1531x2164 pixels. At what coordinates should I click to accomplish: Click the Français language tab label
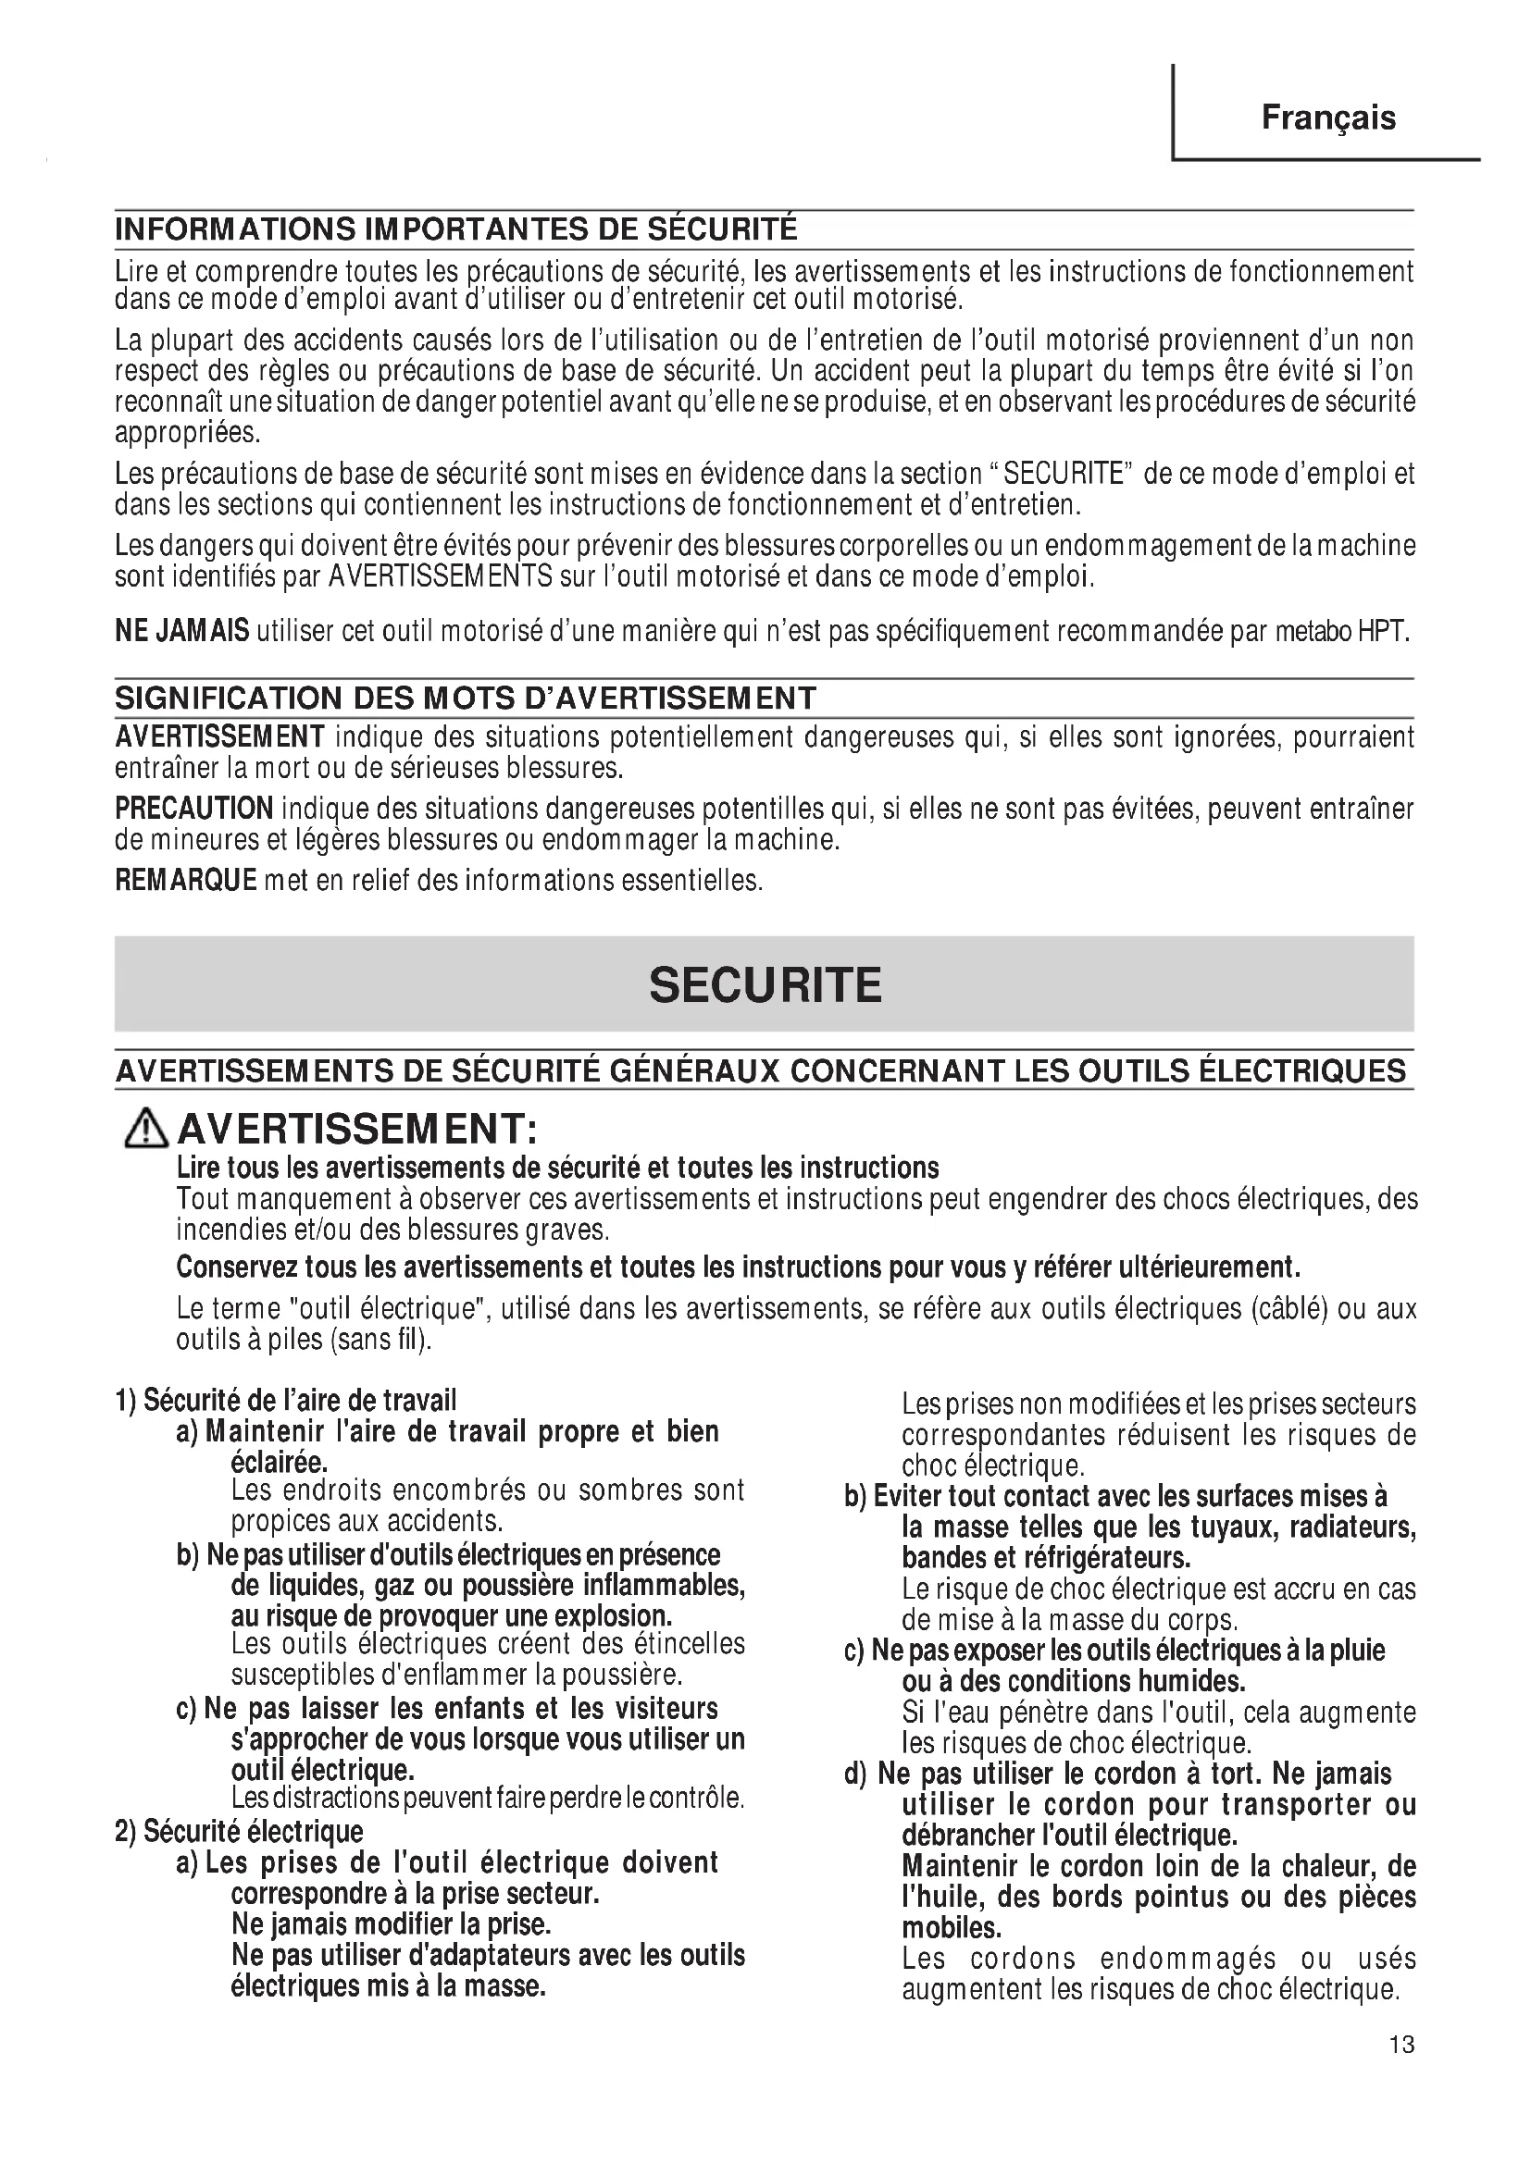[x=1328, y=117]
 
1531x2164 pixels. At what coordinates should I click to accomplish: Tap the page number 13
[x=1400, y=2071]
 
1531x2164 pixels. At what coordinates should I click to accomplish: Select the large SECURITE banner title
[x=765, y=985]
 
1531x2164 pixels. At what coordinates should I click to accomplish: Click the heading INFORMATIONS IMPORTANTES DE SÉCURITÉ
[x=455, y=229]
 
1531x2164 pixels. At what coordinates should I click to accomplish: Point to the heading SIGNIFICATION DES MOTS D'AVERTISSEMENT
[x=465, y=699]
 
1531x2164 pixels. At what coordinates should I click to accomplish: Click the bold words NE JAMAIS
[x=182, y=631]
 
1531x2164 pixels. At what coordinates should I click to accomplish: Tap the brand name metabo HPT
[x=1341, y=632]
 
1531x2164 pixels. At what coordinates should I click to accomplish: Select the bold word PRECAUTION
[x=194, y=809]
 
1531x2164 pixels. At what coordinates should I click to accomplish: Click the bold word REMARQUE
[x=186, y=880]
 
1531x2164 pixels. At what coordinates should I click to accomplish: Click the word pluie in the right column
[x=1357, y=1650]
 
